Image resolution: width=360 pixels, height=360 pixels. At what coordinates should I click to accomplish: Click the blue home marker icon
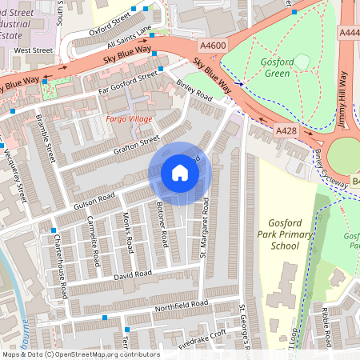(180, 173)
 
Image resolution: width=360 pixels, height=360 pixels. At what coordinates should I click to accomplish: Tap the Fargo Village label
(128, 118)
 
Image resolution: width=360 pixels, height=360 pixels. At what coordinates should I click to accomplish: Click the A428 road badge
(286, 130)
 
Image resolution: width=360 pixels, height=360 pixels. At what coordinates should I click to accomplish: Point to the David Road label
(132, 274)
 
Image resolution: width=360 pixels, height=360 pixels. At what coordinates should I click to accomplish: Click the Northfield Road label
(182, 305)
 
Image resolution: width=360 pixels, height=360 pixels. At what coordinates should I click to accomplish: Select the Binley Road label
(193, 94)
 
